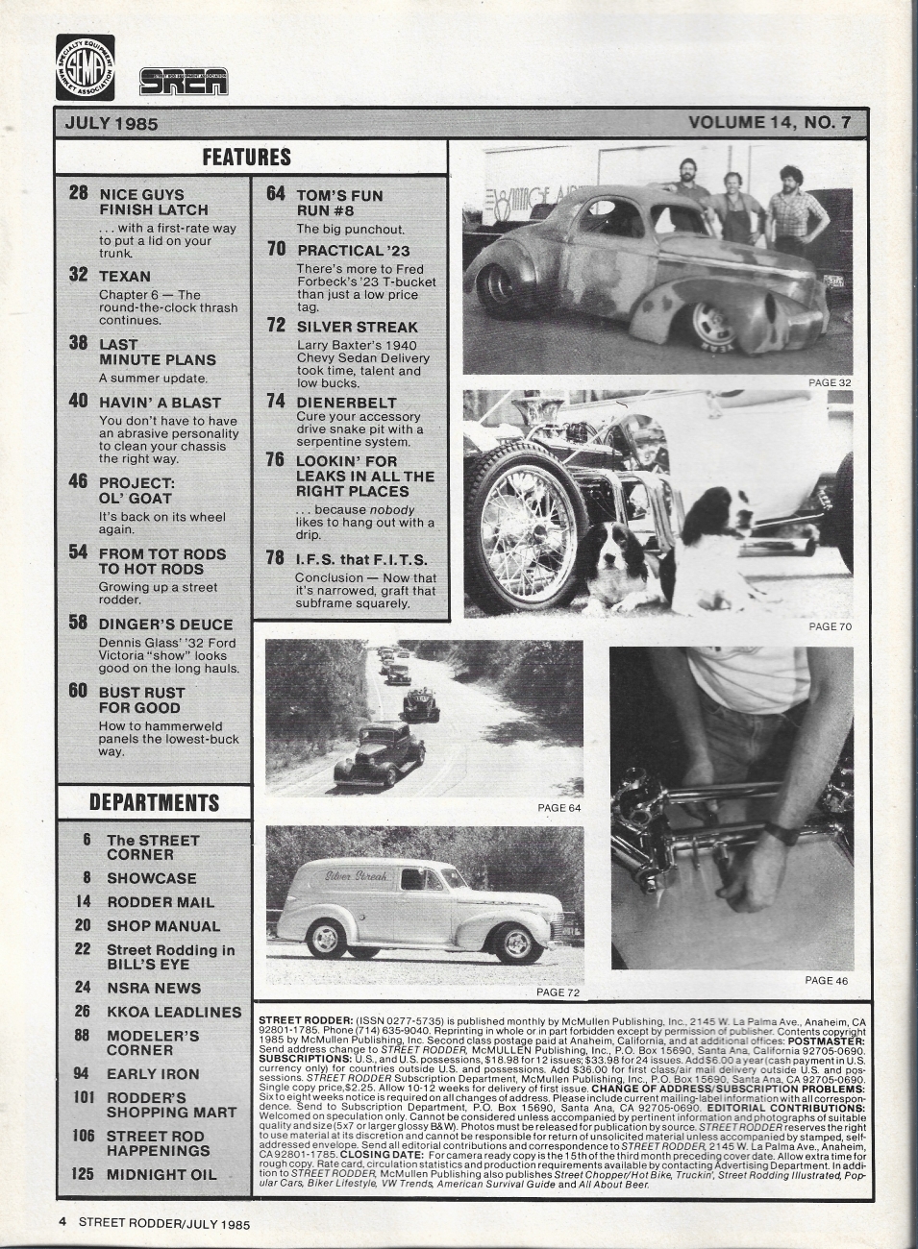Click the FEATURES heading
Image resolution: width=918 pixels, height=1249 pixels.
tap(246, 157)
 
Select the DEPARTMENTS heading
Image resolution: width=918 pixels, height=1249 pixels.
tap(154, 802)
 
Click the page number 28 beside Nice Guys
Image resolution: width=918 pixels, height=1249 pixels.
tap(79, 193)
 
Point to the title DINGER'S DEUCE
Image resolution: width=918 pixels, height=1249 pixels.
tap(166, 623)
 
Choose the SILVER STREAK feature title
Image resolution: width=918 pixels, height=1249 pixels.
tap(358, 327)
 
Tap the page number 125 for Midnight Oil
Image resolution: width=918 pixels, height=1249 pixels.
tap(84, 1174)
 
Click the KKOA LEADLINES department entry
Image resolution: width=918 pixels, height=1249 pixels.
tap(174, 1012)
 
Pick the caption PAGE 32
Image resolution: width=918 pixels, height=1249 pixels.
tap(830, 382)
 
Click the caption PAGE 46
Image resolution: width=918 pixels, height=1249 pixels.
tap(827, 980)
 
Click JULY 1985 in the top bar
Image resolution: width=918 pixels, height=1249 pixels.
tap(112, 123)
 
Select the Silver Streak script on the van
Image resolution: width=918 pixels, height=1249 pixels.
tap(357, 876)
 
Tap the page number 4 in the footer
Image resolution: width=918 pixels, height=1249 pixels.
tap(62, 1223)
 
